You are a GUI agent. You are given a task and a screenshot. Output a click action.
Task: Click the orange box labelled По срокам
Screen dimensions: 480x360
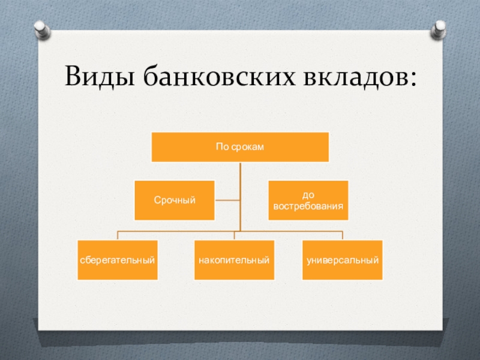click(240, 147)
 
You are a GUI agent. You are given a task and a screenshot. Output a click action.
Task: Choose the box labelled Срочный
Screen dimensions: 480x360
click(175, 200)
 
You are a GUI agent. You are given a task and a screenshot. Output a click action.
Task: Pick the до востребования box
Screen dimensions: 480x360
click(308, 200)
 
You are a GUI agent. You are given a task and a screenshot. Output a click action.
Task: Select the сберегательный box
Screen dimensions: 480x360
click(118, 260)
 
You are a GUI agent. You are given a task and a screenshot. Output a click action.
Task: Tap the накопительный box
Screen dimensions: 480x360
click(234, 260)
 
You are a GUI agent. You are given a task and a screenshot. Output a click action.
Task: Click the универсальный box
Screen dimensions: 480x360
click(343, 260)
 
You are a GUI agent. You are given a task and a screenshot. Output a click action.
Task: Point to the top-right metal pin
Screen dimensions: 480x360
click(439, 28)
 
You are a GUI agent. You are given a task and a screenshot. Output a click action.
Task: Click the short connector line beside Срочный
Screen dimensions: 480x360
click(227, 200)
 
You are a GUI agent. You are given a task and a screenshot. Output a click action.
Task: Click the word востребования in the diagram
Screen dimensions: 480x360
click(308, 206)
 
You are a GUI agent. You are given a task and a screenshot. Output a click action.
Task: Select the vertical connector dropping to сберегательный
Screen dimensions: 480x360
click(118, 235)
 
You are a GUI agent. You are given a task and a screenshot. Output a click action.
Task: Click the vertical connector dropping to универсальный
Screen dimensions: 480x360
click(343, 235)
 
